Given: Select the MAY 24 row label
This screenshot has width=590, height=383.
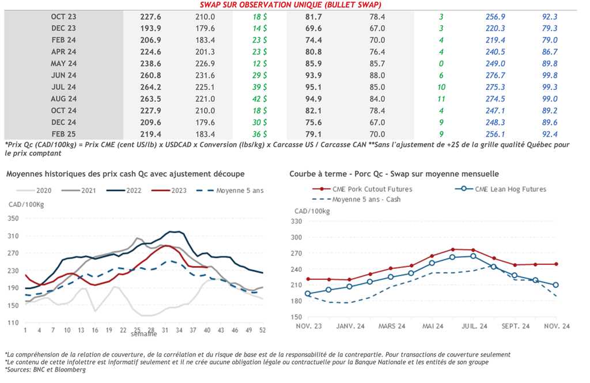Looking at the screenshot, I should point(63,63).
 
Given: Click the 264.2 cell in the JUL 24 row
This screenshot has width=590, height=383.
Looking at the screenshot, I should point(151,87).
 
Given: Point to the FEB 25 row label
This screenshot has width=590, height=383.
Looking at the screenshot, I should point(63,134).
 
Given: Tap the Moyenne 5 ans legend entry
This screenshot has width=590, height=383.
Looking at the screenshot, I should point(240,190).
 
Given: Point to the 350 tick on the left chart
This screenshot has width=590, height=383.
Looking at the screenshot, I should point(14,218).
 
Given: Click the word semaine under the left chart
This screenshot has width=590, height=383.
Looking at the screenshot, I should point(143,334).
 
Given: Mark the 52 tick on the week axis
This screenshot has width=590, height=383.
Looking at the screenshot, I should point(262,330).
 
